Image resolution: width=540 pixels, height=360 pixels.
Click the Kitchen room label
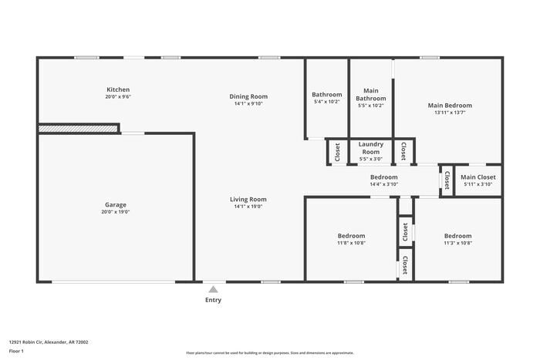click(x=118, y=89)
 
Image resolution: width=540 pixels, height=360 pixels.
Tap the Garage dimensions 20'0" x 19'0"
click(x=116, y=212)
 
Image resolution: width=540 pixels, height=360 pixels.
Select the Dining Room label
click(x=248, y=96)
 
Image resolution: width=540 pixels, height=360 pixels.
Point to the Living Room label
click(x=248, y=200)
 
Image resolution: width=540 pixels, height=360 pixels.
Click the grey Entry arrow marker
click(x=213, y=289)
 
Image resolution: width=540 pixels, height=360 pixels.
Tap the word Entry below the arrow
click(x=213, y=300)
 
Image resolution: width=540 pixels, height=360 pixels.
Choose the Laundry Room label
click(x=371, y=148)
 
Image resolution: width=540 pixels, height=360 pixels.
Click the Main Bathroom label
click(x=371, y=94)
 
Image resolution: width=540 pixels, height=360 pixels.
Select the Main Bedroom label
click(x=450, y=105)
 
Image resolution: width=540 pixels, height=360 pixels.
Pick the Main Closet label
click(x=478, y=177)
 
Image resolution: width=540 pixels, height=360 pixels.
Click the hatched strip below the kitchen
click(x=78, y=128)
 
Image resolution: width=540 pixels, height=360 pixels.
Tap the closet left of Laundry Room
click(x=337, y=152)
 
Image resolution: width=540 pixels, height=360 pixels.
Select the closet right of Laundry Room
click(x=403, y=151)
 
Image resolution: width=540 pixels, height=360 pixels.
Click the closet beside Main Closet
click(x=446, y=180)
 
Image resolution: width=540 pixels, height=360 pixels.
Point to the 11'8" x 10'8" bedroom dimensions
click(x=351, y=243)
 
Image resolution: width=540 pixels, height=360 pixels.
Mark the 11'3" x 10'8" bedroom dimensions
click(x=457, y=243)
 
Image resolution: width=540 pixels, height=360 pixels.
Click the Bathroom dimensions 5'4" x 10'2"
click(x=327, y=102)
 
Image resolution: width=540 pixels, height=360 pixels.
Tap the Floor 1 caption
click(x=17, y=351)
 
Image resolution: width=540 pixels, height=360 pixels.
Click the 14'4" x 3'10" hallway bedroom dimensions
click(x=383, y=184)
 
